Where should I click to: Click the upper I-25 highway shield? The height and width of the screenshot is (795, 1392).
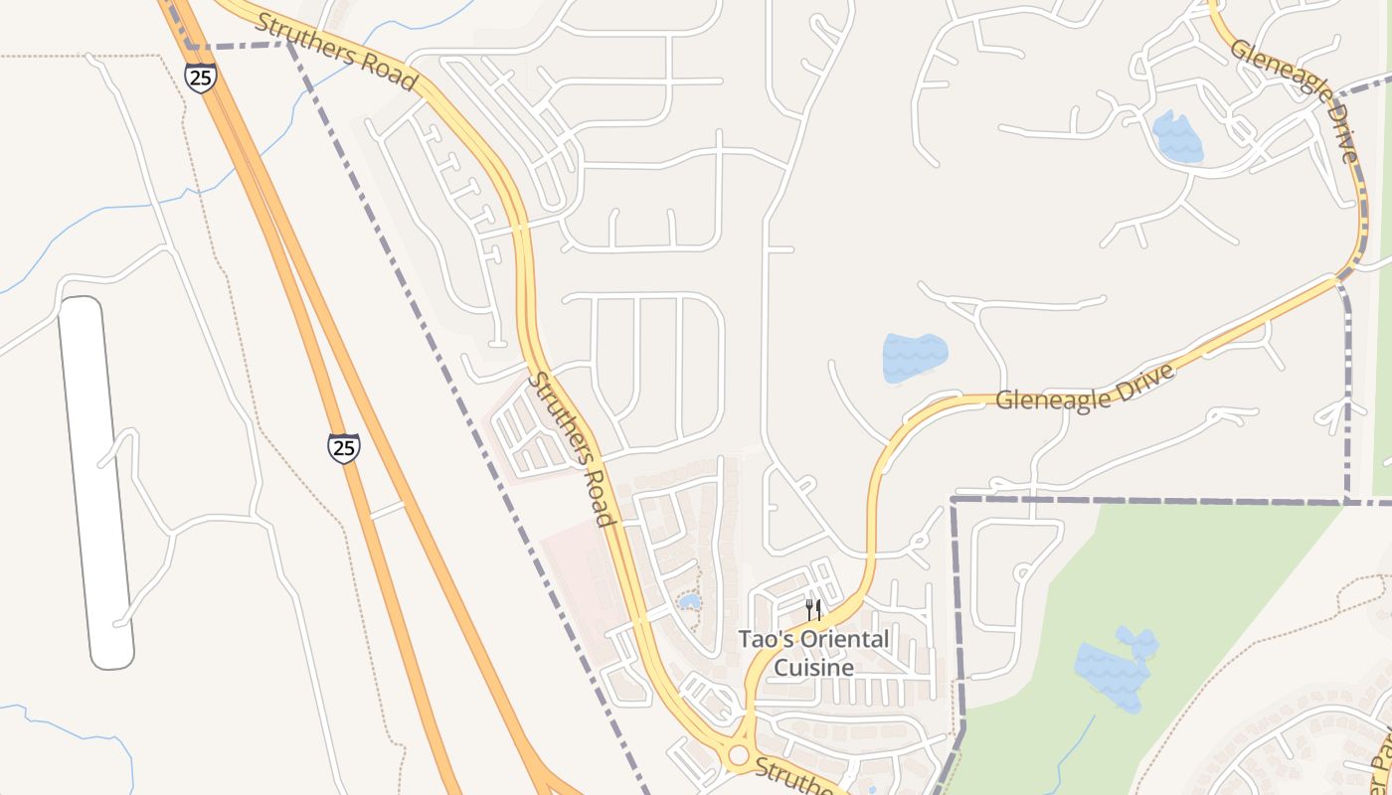[x=201, y=78]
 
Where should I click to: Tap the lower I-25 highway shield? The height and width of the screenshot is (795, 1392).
[x=344, y=447]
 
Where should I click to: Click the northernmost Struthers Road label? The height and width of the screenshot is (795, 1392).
[x=335, y=52]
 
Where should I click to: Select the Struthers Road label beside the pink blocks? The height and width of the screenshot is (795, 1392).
[x=574, y=448]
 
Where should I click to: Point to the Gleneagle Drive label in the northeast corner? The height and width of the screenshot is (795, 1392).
[x=1294, y=101]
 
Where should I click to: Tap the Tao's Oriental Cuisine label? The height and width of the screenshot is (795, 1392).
[x=813, y=653]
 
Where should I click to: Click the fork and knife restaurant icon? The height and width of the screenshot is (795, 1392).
[x=813, y=608]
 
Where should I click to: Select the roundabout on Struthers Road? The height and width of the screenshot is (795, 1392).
[x=737, y=755]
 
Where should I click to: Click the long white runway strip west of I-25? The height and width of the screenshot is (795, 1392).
[x=95, y=482]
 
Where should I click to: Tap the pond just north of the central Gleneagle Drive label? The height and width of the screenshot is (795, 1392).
[x=914, y=358]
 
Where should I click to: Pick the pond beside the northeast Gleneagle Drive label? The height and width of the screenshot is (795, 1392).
[x=1177, y=138]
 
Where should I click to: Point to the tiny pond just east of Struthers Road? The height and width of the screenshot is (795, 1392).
[x=688, y=601]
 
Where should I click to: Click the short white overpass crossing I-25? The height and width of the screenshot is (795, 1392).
[x=387, y=511]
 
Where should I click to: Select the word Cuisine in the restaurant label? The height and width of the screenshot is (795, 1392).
[x=813, y=667]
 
